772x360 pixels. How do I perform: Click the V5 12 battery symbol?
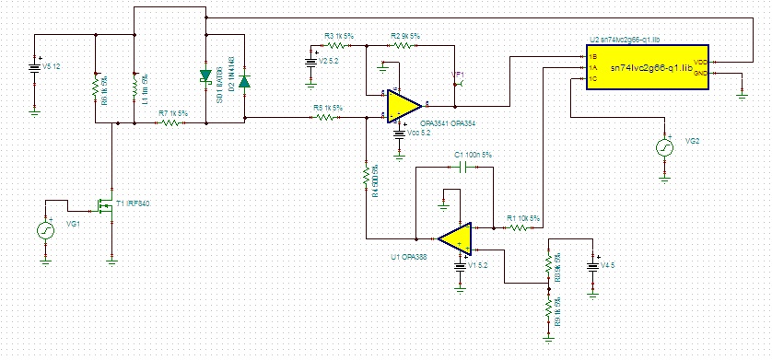pyautogui.click(x=35, y=66)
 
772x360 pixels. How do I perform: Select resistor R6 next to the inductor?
pyautogui.click(x=96, y=88)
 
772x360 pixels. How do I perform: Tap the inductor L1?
pyautogui.click(x=135, y=88)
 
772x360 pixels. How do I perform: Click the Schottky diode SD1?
pyautogui.click(x=205, y=77)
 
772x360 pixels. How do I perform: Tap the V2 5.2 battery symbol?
pyautogui.click(x=310, y=64)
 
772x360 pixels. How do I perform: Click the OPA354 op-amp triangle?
pyautogui.click(x=403, y=106)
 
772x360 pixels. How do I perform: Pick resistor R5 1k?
pyautogui.click(x=328, y=118)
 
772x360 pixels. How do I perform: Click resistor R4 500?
pyautogui.click(x=366, y=175)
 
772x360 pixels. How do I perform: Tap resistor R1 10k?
pyautogui.click(x=520, y=226)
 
